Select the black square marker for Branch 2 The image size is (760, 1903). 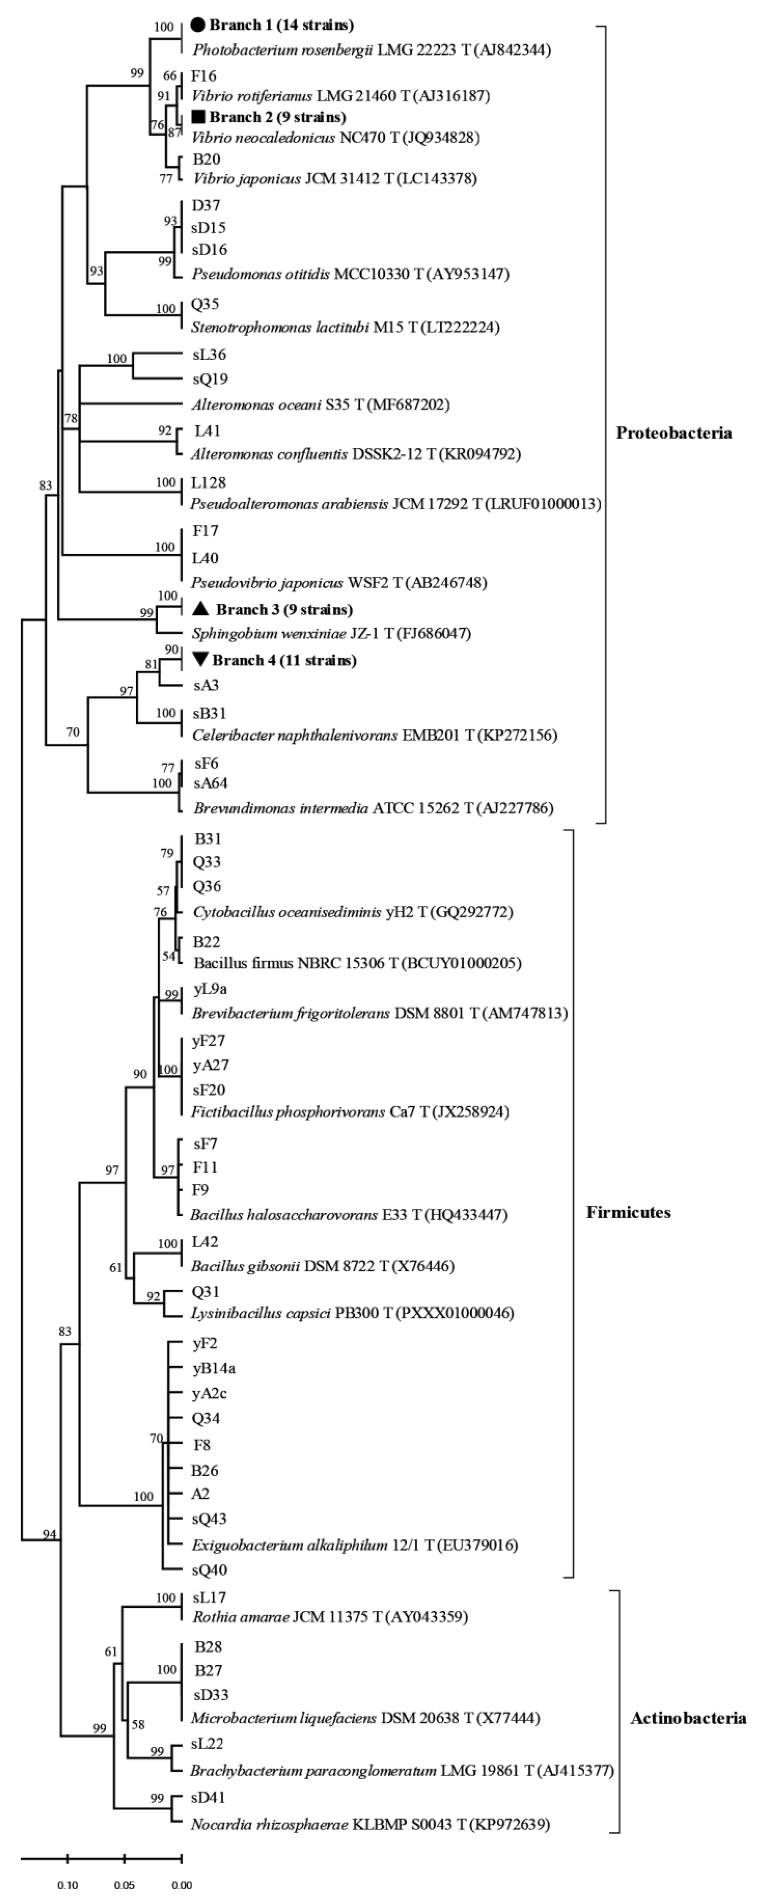coord(198,117)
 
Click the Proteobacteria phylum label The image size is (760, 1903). coord(674,433)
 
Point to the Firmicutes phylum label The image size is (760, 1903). coord(629,1212)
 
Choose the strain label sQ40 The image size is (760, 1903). coord(209,1570)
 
